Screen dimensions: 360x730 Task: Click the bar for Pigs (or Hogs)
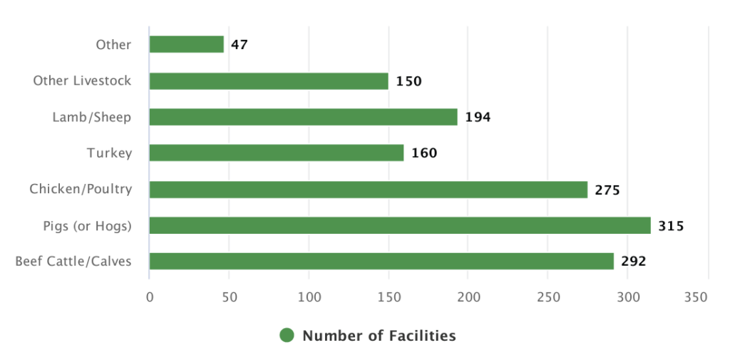tap(399, 225)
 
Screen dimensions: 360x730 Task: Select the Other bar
tap(186, 44)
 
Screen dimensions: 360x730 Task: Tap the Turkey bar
tap(276, 153)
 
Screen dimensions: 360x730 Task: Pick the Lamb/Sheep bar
tap(303, 117)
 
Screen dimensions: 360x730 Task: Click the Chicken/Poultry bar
tap(368, 190)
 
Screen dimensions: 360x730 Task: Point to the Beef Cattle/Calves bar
tap(381, 261)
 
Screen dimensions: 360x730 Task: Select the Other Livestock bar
tap(268, 81)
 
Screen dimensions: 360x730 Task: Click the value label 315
tap(671, 226)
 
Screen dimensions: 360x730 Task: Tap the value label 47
tap(240, 45)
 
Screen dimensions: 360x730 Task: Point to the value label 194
tap(478, 118)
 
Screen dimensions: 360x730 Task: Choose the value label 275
tap(607, 190)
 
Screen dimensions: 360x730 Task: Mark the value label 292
tap(633, 262)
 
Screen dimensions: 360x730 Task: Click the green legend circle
tap(287, 336)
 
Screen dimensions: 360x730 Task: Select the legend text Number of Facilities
tap(379, 336)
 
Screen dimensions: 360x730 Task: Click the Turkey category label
tap(109, 153)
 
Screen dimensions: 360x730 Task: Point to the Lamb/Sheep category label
tap(92, 117)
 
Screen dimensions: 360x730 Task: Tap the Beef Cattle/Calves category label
tap(73, 262)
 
